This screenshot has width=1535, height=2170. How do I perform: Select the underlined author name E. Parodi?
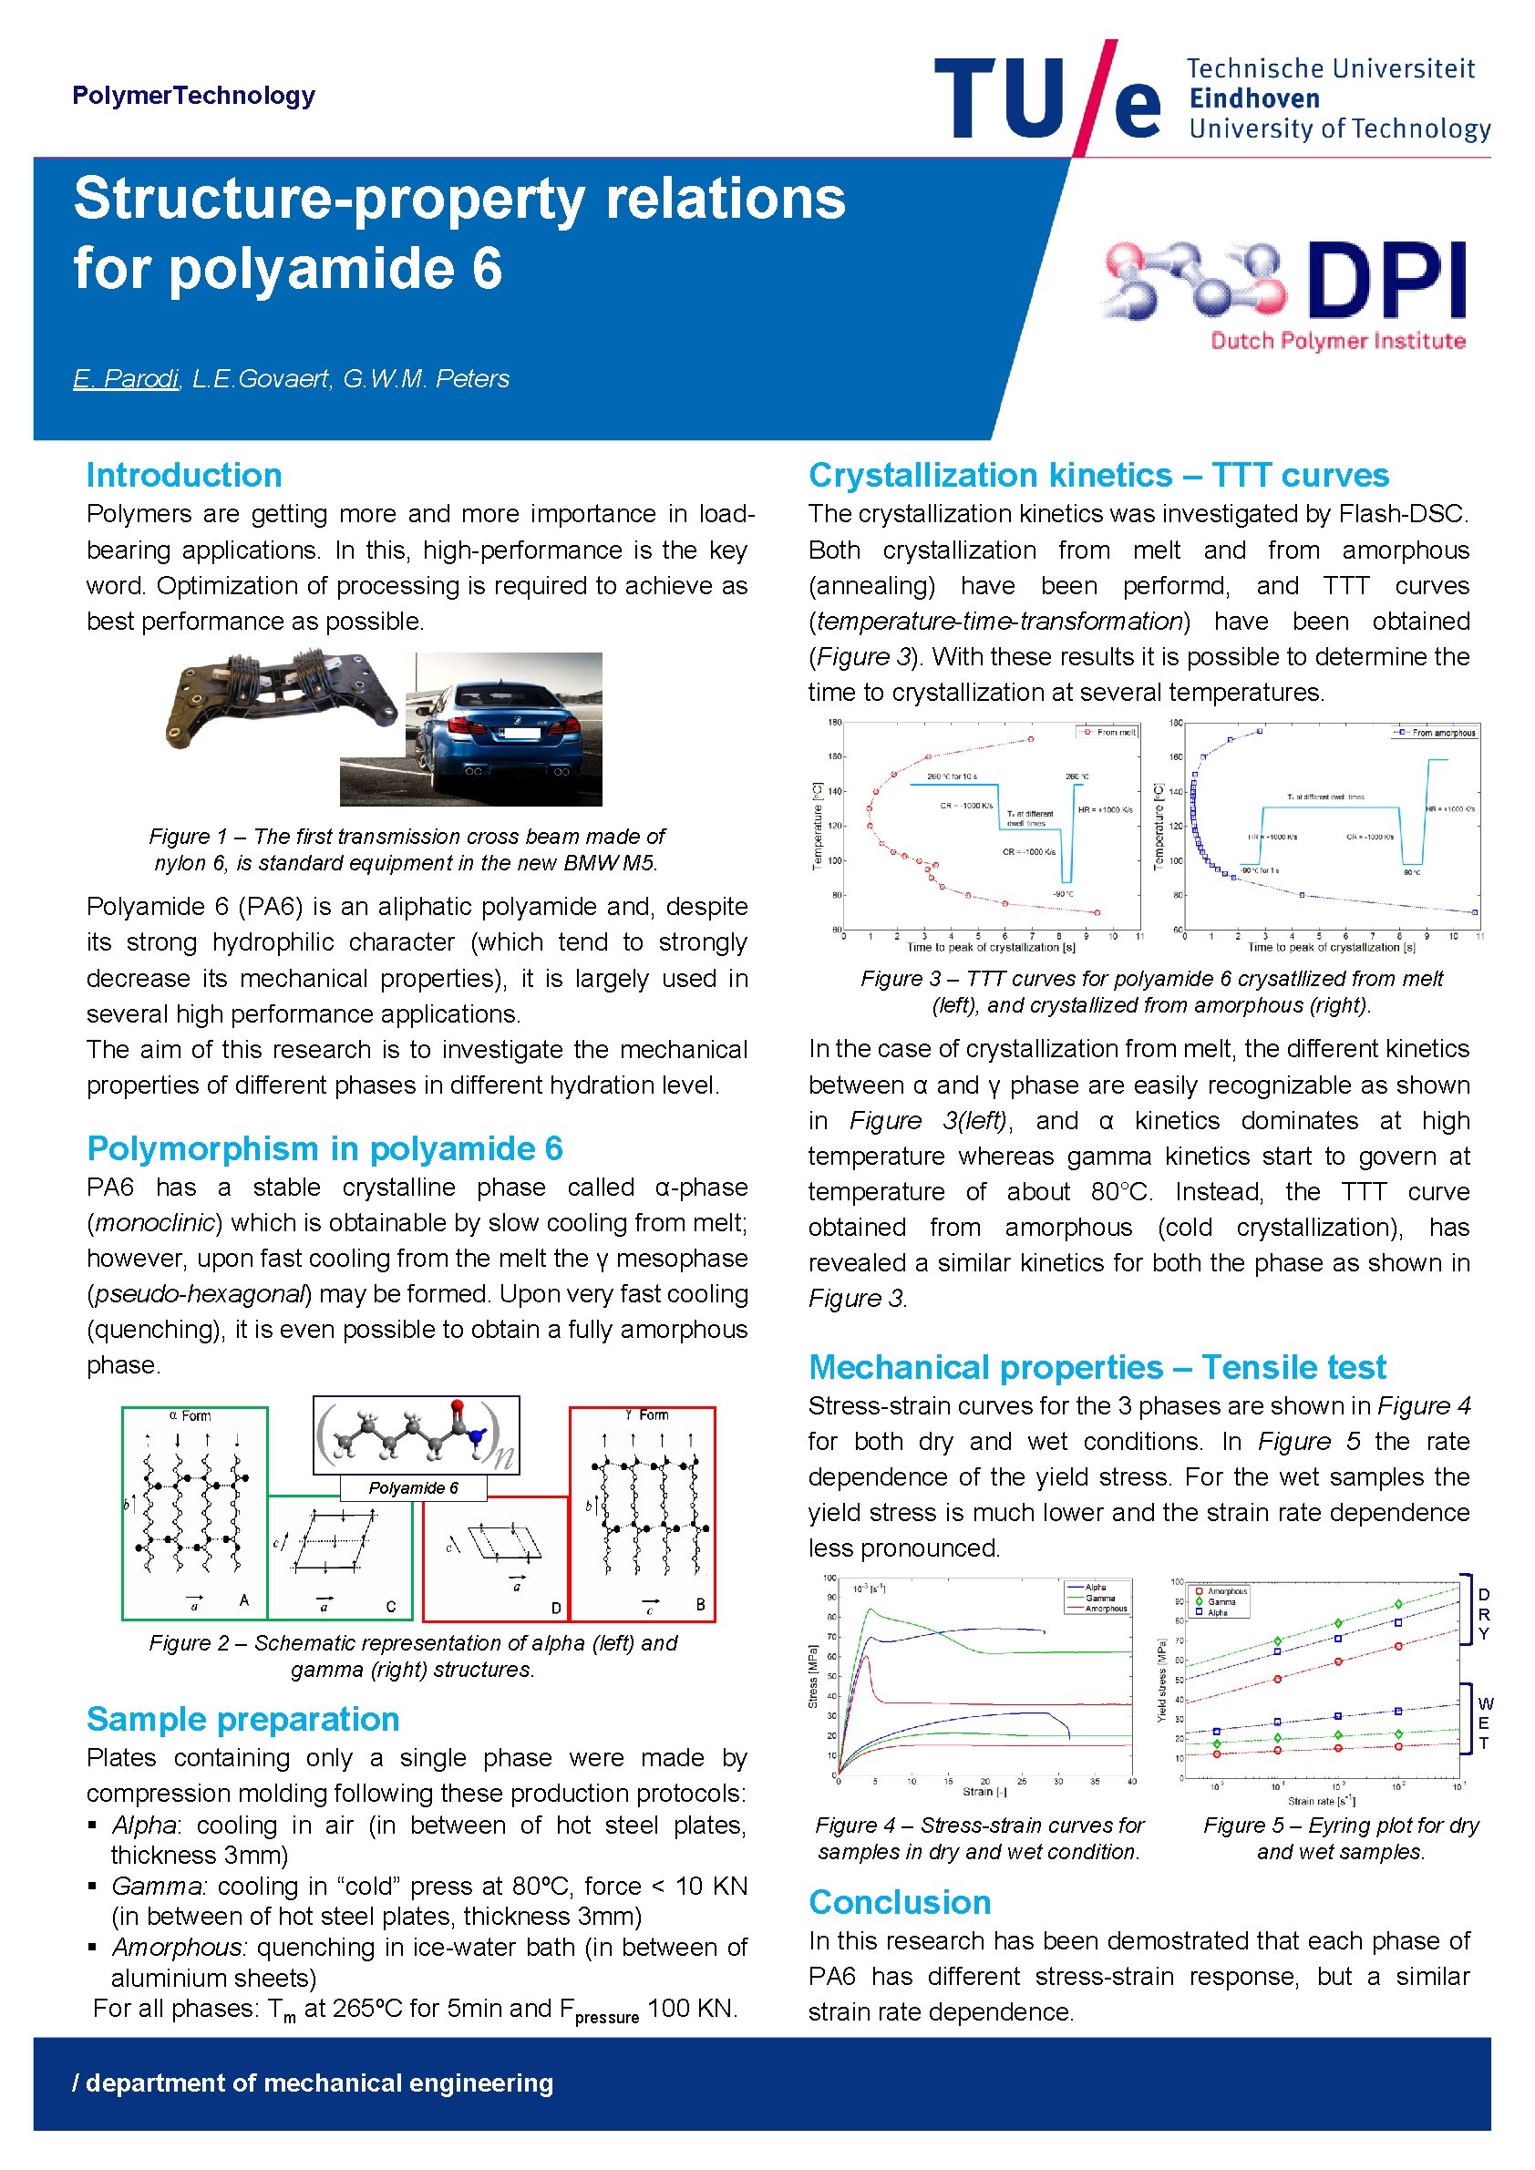pos(126,379)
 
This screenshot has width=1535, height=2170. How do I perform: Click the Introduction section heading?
pos(183,475)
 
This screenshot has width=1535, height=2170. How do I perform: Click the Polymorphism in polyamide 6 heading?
pos(325,1148)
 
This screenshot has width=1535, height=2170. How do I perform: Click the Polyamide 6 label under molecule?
pos(413,1487)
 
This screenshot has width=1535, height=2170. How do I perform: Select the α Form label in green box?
pos(190,1415)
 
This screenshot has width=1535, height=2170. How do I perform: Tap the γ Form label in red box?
pos(646,1414)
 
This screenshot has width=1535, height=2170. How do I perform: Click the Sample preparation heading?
pos(242,1719)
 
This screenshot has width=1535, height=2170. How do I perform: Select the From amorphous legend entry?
pos(1438,733)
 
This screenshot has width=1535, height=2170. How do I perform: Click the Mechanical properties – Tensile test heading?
pos(1097,1368)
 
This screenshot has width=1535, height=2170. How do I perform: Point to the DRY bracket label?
pos(1484,1614)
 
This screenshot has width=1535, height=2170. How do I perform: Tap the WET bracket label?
pos(1484,1723)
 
